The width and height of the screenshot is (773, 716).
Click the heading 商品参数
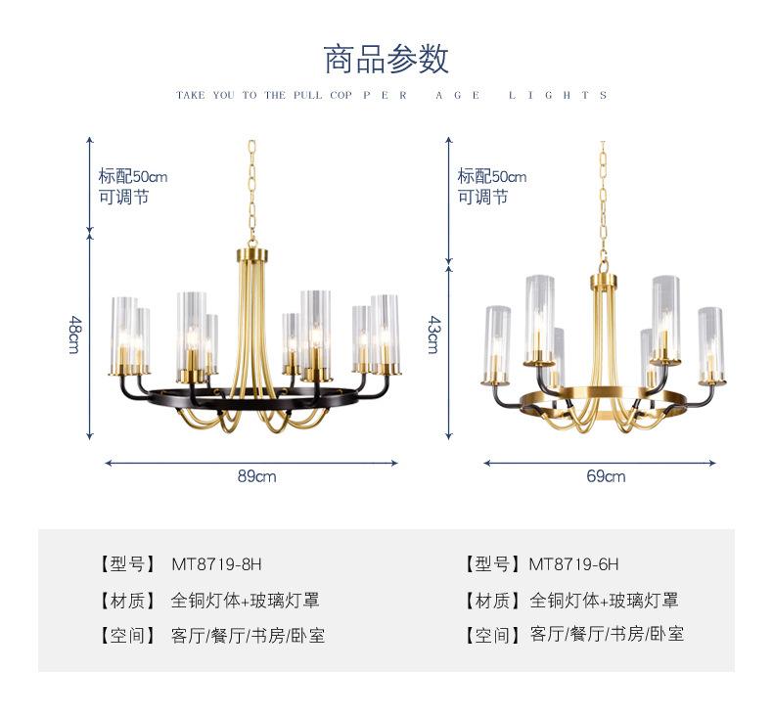(386, 59)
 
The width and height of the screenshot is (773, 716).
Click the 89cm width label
(257, 476)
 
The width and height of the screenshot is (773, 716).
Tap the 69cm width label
(606, 476)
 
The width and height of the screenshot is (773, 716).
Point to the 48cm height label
(74, 334)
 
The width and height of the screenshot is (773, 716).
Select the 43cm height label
(433, 334)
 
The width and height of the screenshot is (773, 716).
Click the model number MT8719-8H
(217, 564)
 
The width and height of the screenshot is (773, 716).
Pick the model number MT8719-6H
(573, 564)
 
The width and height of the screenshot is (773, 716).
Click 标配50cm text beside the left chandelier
(132, 177)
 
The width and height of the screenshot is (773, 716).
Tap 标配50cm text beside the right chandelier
(491, 177)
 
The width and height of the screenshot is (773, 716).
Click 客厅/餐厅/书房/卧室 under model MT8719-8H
(248, 636)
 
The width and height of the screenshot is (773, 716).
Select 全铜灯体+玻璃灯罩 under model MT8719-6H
(604, 601)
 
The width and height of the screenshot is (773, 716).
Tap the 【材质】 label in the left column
(127, 601)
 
